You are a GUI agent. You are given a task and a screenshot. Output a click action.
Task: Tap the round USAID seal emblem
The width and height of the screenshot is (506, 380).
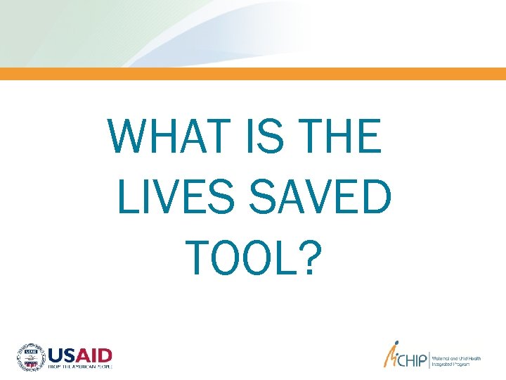[30, 357]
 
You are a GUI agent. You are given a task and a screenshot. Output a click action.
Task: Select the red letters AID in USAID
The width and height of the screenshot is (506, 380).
[94, 355]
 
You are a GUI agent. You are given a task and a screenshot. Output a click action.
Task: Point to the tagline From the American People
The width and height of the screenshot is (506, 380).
[79, 366]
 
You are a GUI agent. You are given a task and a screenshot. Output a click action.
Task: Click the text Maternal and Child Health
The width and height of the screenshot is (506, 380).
[455, 357]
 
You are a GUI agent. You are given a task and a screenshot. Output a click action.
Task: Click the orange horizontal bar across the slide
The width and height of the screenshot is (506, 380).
[253, 74]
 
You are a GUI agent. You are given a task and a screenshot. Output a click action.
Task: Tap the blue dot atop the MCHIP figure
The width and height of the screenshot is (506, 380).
[396, 346]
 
